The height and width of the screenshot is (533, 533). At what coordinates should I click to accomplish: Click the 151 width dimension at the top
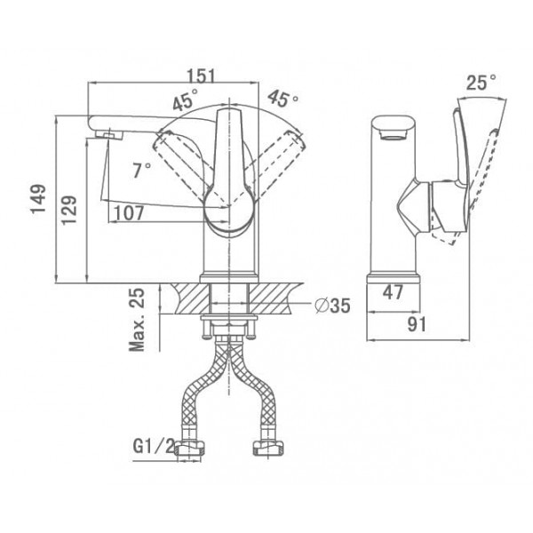tap(202, 76)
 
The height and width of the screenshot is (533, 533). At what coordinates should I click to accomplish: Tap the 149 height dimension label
tap(38, 199)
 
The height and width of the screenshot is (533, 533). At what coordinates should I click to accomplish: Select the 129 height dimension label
tap(69, 210)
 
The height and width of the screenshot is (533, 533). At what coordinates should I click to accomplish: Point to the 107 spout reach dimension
tap(129, 213)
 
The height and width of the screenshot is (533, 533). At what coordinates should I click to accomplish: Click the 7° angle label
tap(142, 170)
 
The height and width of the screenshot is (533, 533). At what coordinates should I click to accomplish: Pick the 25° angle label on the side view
tap(481, 82)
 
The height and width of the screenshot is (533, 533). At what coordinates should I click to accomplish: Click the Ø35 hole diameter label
tap(332, 306)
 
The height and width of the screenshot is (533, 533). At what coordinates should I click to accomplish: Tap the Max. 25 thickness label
tap(137, 320)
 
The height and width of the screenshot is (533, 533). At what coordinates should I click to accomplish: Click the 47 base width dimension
tap(393, 292)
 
